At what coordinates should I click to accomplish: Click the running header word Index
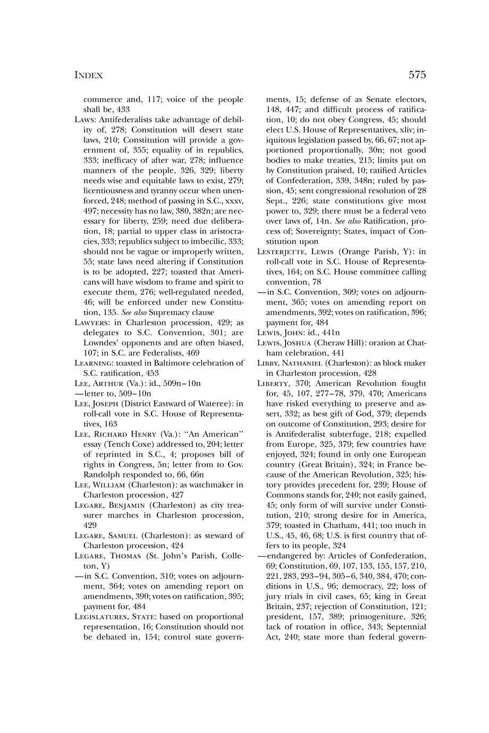[88, 75]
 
